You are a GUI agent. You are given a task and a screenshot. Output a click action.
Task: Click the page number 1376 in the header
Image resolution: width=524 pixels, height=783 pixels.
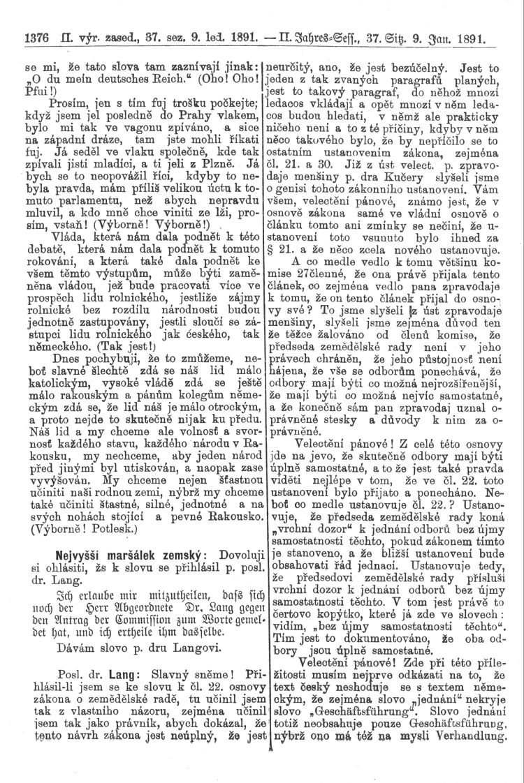[x=36, y=31]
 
